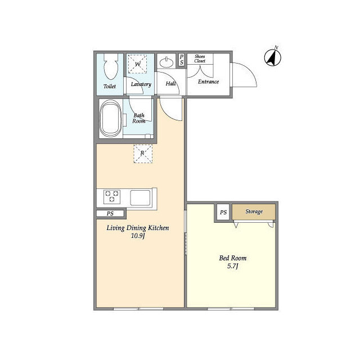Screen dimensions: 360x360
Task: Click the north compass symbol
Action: coord(272,57)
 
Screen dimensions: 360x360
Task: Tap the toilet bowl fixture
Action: coord(111,66)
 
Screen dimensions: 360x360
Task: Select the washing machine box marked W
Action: coord(137,64)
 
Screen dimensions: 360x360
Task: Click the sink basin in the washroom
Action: coord(166,62)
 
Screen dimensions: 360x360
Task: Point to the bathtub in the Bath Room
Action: coord(110,119)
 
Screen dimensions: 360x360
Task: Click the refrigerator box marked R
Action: coord(143,154)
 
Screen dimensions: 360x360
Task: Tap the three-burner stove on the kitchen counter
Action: coord(112,197)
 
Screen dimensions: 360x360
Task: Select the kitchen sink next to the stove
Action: coord(140,197)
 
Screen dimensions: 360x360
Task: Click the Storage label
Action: coord(254,211)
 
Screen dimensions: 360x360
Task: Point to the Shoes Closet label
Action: coord(200,58)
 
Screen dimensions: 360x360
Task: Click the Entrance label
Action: coord(208,82)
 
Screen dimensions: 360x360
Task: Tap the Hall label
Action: coord(171,84)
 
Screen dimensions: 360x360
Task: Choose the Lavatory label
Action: coord(141,84)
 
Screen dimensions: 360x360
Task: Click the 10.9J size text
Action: coord(138,236)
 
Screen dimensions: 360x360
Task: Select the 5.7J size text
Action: coord(232,266)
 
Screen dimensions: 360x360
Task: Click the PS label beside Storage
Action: coord(223,213)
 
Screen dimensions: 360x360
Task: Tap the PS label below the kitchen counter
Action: coord(110,214)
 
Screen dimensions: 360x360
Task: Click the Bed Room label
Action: coord(232,258)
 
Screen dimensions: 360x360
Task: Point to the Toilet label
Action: coord(110,86)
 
